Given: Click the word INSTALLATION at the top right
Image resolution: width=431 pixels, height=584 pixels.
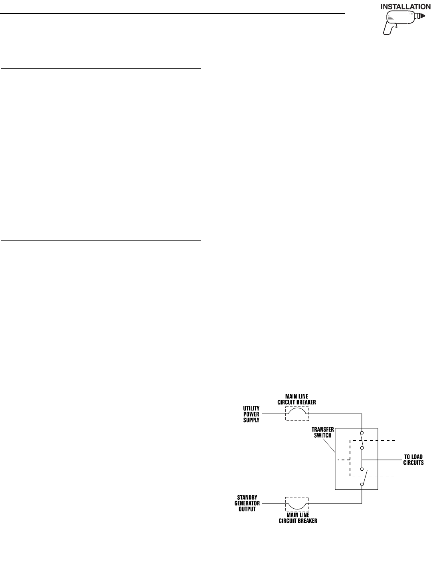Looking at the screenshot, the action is pos(405,7).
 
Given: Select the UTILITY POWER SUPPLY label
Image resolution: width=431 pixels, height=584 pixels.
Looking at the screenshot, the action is pos(251,414).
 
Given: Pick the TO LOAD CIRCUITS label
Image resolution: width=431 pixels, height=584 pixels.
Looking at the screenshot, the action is pos(412,460).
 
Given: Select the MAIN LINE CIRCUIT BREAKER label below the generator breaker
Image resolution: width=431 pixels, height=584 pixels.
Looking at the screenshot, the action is pos(297,518).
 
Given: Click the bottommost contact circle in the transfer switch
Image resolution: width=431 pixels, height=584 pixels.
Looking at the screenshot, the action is pos(362,484).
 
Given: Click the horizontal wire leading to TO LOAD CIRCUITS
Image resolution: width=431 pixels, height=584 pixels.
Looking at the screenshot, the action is pos(383,460).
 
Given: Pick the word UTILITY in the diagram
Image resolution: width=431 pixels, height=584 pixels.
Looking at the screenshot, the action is pos(251,408).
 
